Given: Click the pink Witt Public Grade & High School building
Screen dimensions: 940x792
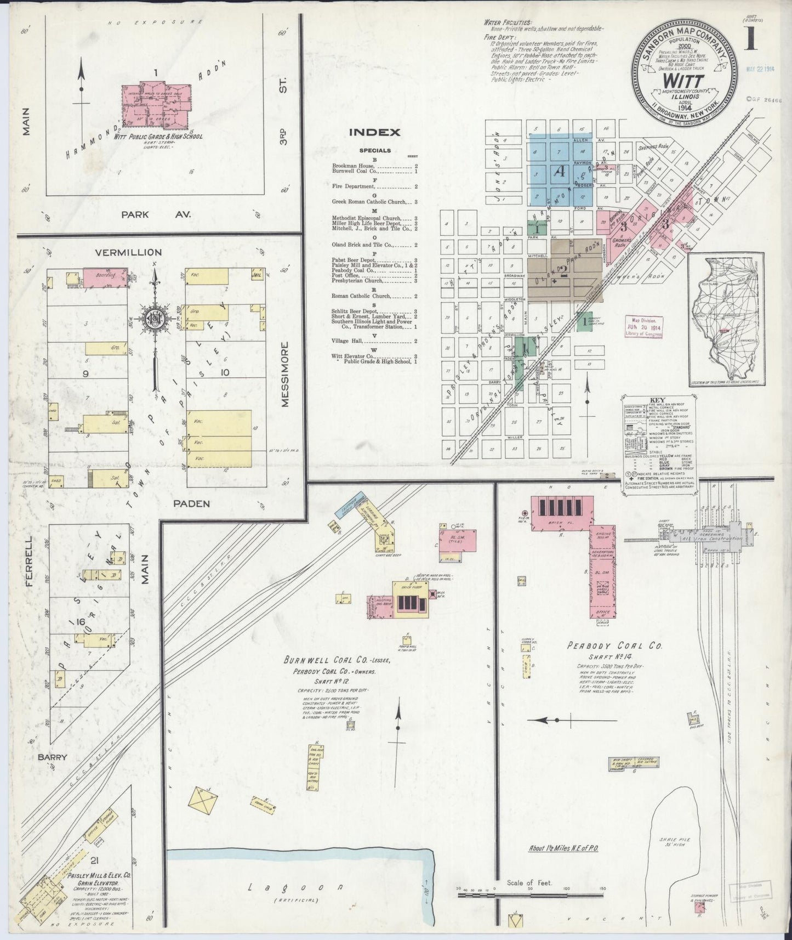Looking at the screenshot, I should coord(156,105).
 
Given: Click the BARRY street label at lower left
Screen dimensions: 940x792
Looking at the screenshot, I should coord(52,757).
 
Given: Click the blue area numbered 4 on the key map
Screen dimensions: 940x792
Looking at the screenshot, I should coord(560,171).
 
